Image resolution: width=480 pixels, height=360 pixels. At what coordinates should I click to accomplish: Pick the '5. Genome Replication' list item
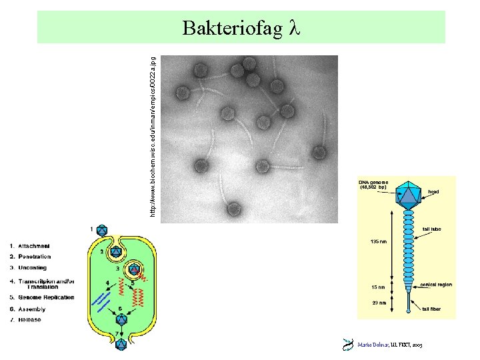point(42,297)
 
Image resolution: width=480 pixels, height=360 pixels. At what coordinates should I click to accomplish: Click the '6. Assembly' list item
point(27,309)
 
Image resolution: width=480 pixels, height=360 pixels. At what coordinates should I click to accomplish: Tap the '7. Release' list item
point(25,320)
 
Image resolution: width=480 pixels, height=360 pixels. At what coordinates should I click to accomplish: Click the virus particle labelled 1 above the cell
point(102,231)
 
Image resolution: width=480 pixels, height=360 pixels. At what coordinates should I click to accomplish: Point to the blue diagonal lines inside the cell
point(101,300)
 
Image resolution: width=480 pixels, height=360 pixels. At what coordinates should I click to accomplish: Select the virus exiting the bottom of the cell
point(121,344)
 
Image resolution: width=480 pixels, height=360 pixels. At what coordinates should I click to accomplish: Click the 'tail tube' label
point(436,229)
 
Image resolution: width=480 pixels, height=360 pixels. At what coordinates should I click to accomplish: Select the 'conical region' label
point(436,285)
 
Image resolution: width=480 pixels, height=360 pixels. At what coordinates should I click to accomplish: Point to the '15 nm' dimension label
point(377,287)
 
